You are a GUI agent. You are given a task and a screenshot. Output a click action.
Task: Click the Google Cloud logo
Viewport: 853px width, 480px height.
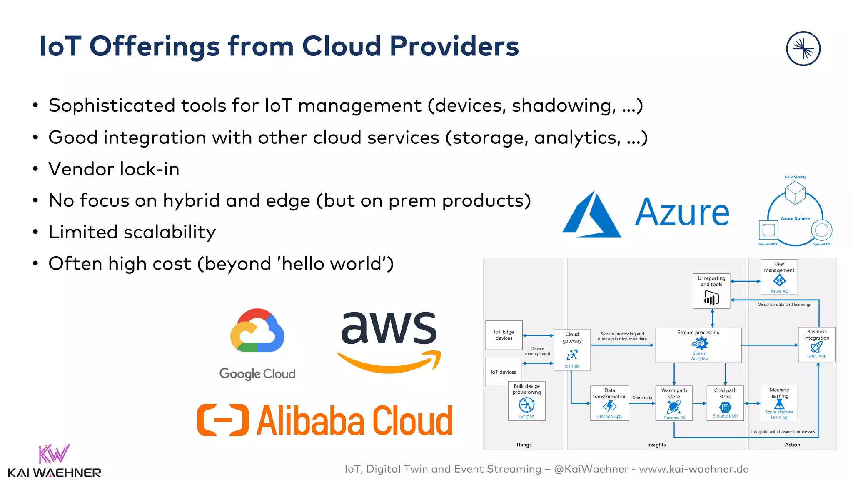(257, 344)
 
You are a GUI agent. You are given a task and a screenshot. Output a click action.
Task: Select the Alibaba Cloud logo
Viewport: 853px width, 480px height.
(325, 420)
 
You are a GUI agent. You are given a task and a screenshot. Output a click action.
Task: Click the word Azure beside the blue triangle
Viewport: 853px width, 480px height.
(682, 212)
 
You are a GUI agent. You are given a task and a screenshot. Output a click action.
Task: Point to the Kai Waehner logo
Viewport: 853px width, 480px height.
(54, 461)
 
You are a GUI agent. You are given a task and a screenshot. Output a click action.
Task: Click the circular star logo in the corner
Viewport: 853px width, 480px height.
(803, 49)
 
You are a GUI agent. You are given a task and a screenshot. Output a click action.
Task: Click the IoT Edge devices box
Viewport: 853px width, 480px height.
(504, 335)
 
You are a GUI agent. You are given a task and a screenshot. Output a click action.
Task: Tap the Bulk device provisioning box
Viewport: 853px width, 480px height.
(526, 401)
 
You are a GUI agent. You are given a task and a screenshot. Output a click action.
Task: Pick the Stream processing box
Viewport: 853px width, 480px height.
(698, 345)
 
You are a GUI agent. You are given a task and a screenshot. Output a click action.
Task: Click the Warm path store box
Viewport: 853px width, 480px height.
(674, 403)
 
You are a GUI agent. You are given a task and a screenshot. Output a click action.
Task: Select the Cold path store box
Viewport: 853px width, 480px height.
(725, 403)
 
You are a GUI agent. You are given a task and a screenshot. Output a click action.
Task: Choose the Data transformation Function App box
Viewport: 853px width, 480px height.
(609, 403)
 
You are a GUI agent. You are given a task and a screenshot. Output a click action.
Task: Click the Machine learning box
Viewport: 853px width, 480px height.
(779, 402)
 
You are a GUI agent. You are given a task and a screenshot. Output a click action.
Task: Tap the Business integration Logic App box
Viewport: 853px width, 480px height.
(816, 344)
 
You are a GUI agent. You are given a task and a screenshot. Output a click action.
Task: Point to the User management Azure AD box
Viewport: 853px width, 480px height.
(779, 277)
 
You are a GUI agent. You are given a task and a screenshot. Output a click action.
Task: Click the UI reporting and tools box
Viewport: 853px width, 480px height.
(711, 291)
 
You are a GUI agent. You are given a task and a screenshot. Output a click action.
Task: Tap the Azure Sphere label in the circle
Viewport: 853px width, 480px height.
(795, 218)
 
